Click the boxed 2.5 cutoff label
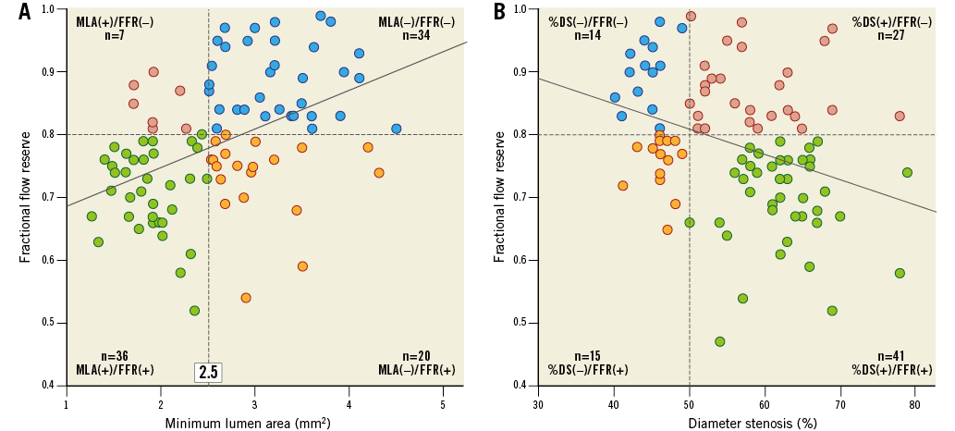tap(207, 373)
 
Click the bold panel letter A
tap(24, 12)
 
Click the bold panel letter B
tap(499, 12)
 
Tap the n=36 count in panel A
tap(115, 355)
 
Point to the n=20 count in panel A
tap(417, 355)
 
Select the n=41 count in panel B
tap(892, 355)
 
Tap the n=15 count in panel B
tap(588, 355)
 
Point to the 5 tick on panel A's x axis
tap(443, 404)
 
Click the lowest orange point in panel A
tap(246, 298)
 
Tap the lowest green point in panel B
tap(719, 341)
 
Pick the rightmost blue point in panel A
tap(396, 129)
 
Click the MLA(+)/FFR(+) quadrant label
tap(115, 370)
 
